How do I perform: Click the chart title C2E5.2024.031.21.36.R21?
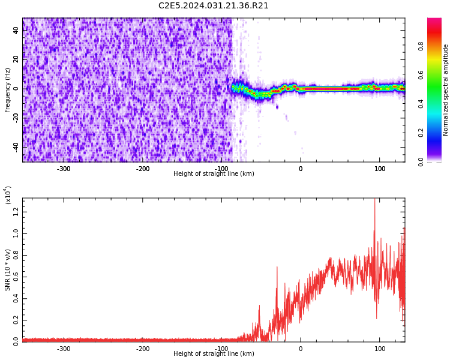tap(214, 6)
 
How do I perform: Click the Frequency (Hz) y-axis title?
tap(8, 90)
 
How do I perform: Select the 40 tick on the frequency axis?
tap(16, 30)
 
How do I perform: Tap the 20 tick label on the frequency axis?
tap(16, 59)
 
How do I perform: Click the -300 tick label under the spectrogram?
tap(64, 169)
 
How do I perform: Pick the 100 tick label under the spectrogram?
tap(380, 169)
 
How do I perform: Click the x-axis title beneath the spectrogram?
tap(214, 174)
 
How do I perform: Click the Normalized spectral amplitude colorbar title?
tap(446, 90)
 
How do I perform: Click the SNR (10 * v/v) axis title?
tap(8, 270)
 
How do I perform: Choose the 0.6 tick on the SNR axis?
tap(16, 275)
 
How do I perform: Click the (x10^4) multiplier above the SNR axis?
tap(8, 195)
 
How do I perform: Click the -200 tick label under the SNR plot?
tap(143, 349)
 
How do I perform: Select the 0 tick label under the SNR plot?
tap(301, 349)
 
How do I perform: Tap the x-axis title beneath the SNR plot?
tap(214, 354)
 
